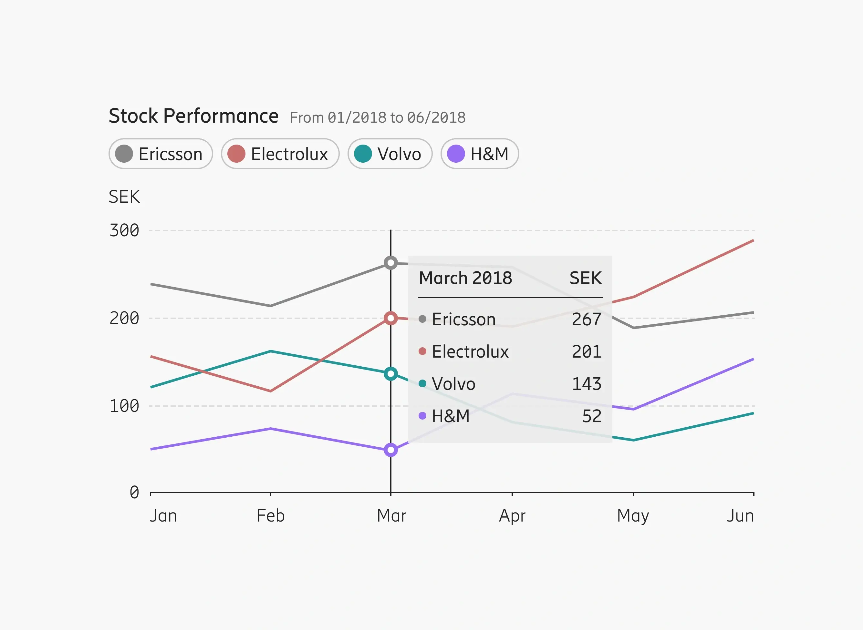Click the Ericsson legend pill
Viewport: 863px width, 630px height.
(161, 154)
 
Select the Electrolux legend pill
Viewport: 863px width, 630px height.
(280, 154)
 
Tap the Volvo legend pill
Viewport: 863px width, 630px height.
(390, 154)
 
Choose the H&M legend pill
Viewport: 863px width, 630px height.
(480, 154)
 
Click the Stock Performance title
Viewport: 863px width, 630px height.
(193, 116)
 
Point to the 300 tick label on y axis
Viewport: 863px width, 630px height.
(124, 230)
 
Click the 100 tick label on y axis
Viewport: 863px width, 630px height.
(124, 406)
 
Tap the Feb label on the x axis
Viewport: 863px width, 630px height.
(271, 516)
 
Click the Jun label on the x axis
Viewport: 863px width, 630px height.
(740, 516)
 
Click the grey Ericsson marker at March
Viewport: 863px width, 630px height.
(391, 263)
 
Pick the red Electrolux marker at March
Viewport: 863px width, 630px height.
(391, 318)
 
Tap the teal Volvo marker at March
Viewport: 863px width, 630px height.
(391, 374)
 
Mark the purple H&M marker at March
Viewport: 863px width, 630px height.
(391, 450)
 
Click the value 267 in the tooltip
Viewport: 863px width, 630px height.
(587, 319)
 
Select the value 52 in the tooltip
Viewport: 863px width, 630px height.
(592, 416)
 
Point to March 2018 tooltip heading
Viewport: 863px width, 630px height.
(465, 278)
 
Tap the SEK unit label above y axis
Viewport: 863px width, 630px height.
(124, 197)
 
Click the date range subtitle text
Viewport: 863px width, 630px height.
(377, 117)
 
